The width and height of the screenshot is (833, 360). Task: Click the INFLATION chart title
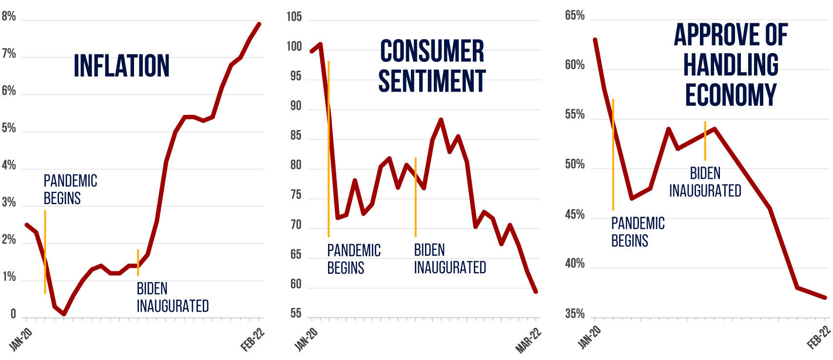pyautogui.click(x=121, y=66)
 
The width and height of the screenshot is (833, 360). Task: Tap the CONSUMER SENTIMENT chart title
pyautogui.click(x=432, y=66)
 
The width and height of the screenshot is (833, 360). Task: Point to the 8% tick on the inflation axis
pyautogui.click(x=9, y=17)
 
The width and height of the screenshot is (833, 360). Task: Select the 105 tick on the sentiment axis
pyautogui.click(x=294, y=17)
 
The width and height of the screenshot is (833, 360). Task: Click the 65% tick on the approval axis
pyautogui.click(x=575, y=16)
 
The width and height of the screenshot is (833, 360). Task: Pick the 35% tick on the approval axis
pyautogui.click(x=575, y=314)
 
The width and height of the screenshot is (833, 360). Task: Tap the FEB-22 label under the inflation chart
pyautogui.click(x=252, y=340)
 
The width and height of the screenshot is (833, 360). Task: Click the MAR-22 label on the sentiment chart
pyautogui.click(x=528, y=340)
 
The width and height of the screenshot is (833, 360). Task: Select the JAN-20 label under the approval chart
pyautogui.click(x=589, y=337)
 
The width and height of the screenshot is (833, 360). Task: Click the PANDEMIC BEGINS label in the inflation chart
pyautogui.click(x=70, y=189)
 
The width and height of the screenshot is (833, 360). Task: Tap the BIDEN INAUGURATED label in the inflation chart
pyautogui.click(x=173, y=297)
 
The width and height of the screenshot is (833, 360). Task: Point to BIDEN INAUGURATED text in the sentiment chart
pyautogui.click(x=450, y=259)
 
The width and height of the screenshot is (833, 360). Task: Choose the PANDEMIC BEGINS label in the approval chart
pyautogui.click(x=638, y=232)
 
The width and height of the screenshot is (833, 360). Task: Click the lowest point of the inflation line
pyautogui.click(x=64, y=314)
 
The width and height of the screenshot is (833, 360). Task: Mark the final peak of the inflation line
pyautogui.click(x=259, y=24)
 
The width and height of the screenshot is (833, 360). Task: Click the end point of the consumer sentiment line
pyautogui.click(x=536, y=292)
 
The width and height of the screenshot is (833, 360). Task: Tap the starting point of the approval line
pyautogui.click(x=595, y=39)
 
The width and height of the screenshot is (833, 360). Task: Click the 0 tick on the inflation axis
pyautogui.click(x=13, y=314)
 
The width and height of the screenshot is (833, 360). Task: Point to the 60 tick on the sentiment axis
pyautogui.click(x=295, y=284)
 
